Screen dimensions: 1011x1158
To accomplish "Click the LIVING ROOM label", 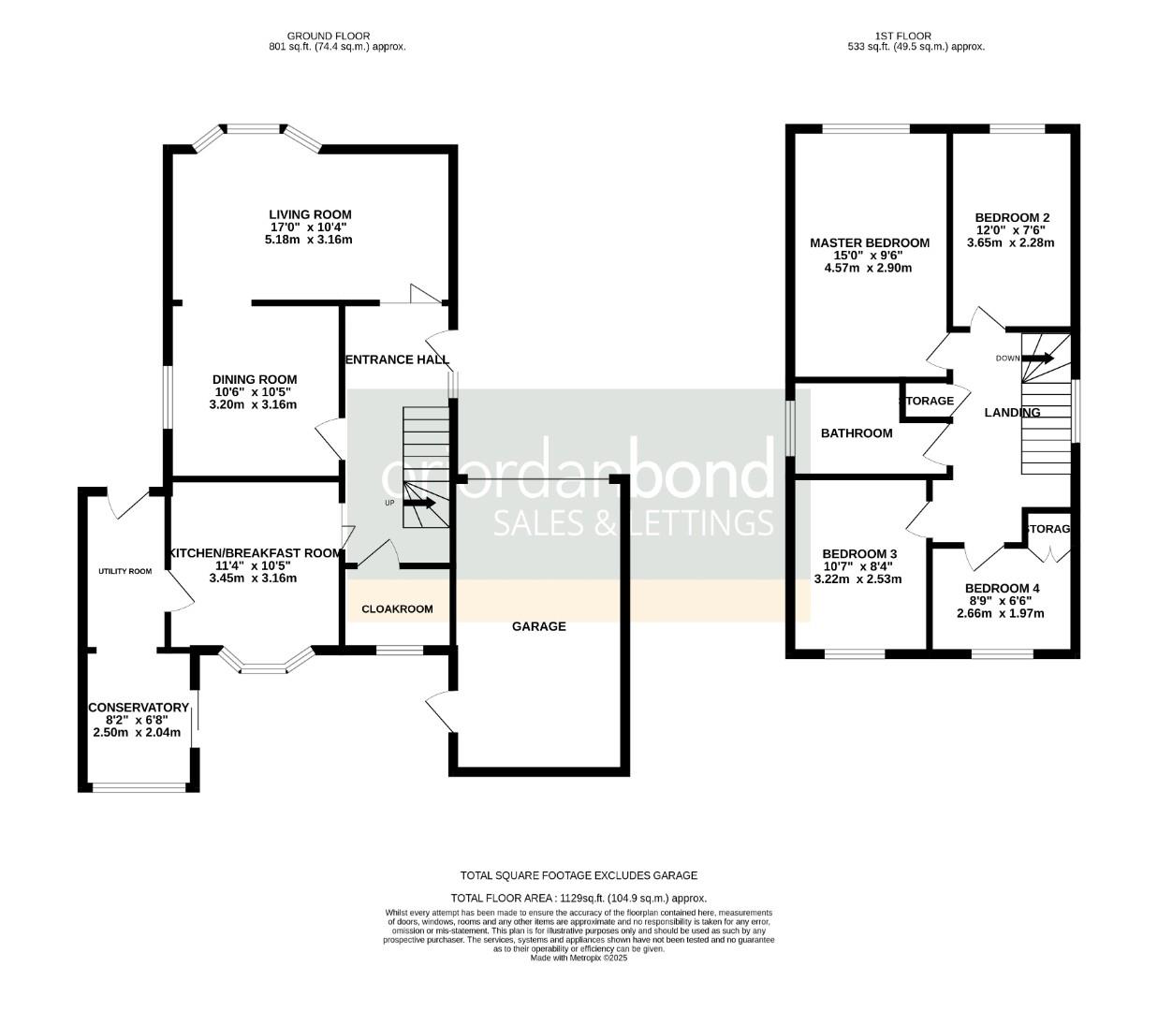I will click(x=310, y=214).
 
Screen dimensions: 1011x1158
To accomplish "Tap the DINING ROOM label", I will click(x=254, y=379).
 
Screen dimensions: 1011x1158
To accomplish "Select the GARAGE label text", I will click(x=538, y=626).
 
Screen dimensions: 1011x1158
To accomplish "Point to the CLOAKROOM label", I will click(x=397, y=608).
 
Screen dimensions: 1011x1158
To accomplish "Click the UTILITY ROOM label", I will click(x=125, y=571).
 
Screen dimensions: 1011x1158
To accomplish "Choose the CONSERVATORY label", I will click(x=138, y=708).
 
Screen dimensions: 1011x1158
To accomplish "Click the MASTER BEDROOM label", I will click(x=870, y=242).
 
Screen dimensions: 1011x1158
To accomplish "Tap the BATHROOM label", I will click(x=856, y=433).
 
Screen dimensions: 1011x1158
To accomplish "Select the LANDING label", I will click(x=1012, y=412).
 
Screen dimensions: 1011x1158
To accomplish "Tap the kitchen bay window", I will click(x=266, y=663).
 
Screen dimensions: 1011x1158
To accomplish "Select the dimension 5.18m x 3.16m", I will click(x=309, y=240).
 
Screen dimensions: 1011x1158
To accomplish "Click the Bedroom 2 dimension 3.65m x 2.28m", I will click(x=1009, y=243).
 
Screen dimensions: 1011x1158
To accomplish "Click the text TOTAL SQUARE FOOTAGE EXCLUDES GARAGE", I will click(x=579, y=875).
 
